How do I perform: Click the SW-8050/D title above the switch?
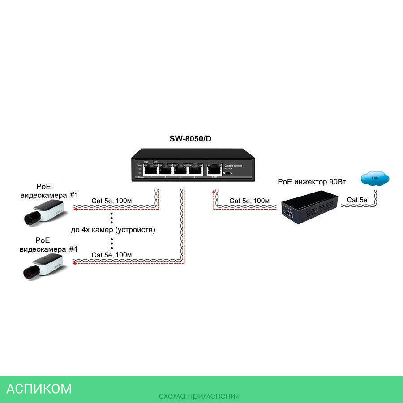190,139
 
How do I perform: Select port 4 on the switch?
195,169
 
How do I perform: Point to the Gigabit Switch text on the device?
233,166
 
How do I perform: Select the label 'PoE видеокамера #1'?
49,191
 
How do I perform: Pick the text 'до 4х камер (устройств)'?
113,230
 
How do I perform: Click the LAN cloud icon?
375,179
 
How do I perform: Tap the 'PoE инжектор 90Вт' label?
312,182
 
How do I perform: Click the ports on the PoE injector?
289,214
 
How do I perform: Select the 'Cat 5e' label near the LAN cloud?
358,200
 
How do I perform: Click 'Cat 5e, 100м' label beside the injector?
249,201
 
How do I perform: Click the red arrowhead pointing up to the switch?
213,192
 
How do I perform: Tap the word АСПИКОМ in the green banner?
39,388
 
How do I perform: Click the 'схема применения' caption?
198,396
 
